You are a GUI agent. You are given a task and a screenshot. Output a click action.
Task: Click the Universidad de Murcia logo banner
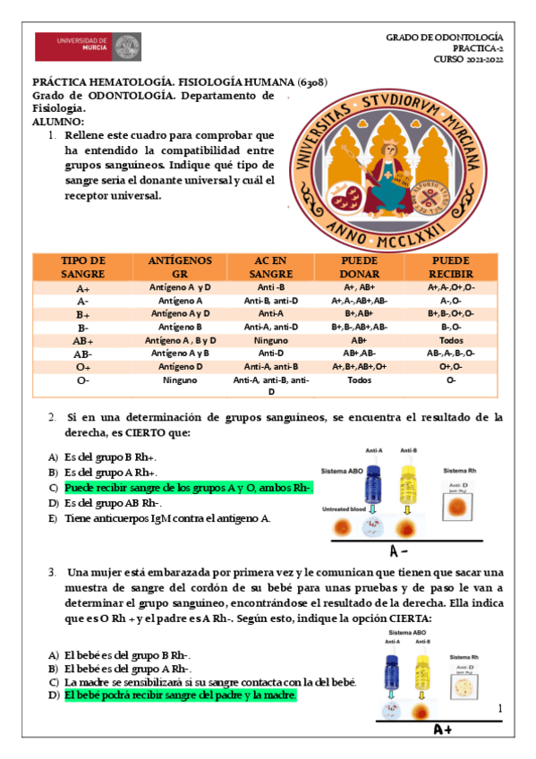point(88,47)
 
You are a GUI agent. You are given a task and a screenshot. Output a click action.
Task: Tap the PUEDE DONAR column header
point(360,267)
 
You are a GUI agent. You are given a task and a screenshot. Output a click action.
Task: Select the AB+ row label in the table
point(83,341)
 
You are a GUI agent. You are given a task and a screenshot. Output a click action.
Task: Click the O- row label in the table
point(83,380)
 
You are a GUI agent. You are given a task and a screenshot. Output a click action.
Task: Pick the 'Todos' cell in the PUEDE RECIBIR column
point(451,341)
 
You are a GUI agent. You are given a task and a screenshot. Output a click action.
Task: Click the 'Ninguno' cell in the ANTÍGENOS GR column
point(179,380)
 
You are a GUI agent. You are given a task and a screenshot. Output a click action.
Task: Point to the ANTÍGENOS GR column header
point(180,267)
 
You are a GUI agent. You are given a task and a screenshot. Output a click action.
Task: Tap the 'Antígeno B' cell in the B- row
point(179,328)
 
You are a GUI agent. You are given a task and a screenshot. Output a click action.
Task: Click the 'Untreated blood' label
point(344,508)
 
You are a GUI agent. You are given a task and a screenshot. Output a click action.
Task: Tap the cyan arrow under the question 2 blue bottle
point(375,510)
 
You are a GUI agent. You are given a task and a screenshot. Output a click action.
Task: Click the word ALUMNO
point(58,121)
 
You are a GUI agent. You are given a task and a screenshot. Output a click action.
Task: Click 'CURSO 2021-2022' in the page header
point(469,59)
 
